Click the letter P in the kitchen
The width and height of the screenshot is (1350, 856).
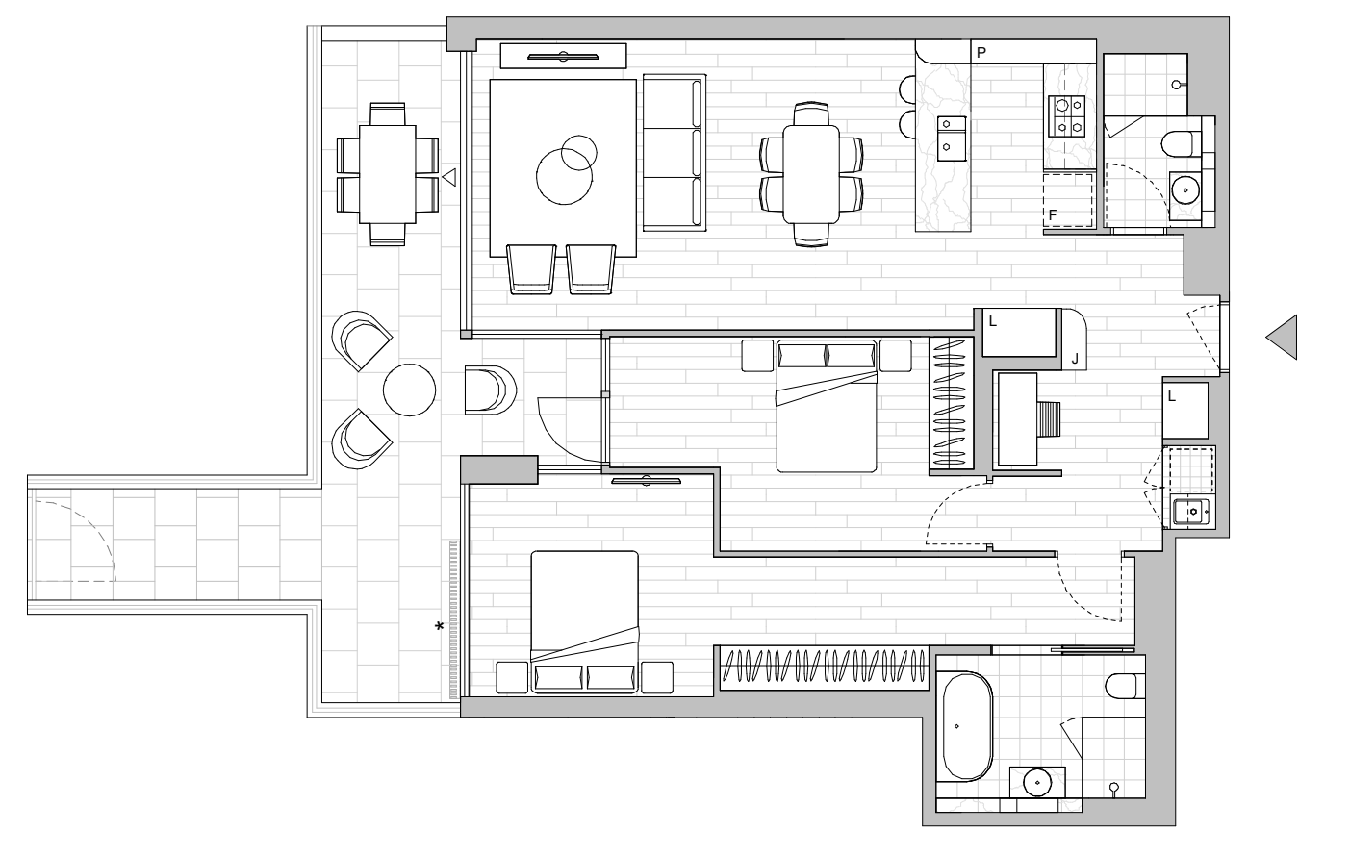981,53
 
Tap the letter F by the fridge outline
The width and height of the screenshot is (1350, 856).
1053,215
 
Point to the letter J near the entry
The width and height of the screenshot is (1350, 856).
1075,361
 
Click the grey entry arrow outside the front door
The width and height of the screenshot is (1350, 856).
1282,338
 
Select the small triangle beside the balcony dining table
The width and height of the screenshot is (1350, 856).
449,178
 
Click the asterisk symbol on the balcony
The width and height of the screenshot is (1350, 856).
439,627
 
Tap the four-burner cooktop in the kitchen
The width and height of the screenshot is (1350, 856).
1066,116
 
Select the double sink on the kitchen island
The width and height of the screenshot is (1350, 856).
951,138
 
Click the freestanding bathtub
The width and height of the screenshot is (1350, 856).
967,726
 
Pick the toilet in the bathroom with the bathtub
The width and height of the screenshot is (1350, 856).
1125,686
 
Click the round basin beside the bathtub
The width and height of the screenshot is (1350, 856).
1037,783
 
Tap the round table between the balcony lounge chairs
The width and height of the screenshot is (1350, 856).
409,390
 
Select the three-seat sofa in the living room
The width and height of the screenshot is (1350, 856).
674,152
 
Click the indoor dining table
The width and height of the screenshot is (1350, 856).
811,173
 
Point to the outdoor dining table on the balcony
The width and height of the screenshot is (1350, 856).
388,175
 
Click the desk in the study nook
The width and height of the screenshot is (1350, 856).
1017,419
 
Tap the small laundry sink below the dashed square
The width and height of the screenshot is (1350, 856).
1191,512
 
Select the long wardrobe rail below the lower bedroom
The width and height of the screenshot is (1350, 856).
825,667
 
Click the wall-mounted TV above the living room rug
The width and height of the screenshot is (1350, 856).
563,57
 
